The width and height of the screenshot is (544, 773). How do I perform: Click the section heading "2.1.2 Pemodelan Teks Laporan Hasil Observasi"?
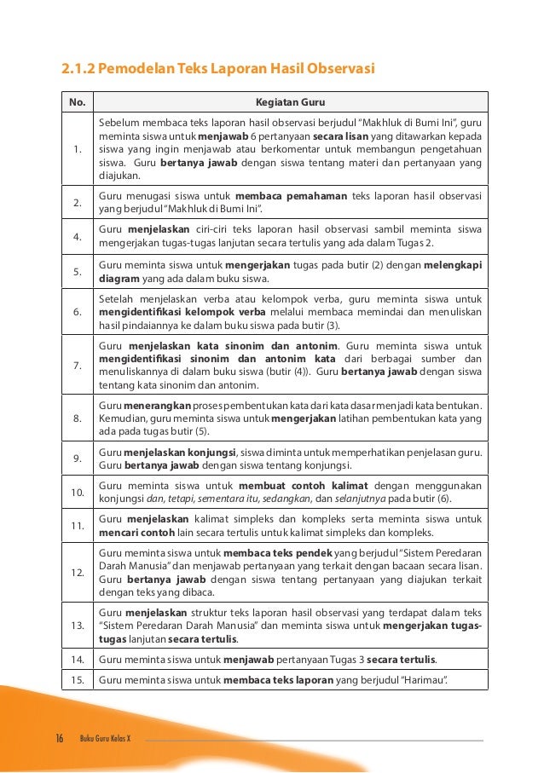(x=217, y=68)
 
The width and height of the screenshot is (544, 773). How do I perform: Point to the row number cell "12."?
(x=77, y=571)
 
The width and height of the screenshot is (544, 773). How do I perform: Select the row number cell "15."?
(x=77, y=679)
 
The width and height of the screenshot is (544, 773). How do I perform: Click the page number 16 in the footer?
(x=61, y=737)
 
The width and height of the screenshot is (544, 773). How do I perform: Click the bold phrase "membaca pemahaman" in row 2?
(x=291, y=195)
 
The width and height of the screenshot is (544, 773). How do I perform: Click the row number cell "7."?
(x=77, y=366)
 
